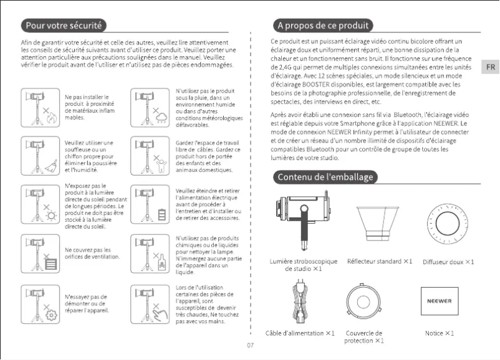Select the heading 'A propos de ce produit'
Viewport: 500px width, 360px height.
coord(324,26)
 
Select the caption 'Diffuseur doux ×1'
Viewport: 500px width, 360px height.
coord(448,262)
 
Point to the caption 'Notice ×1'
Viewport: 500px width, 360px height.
coord(439,333)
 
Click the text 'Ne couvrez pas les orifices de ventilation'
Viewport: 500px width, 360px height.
coord(88,253)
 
